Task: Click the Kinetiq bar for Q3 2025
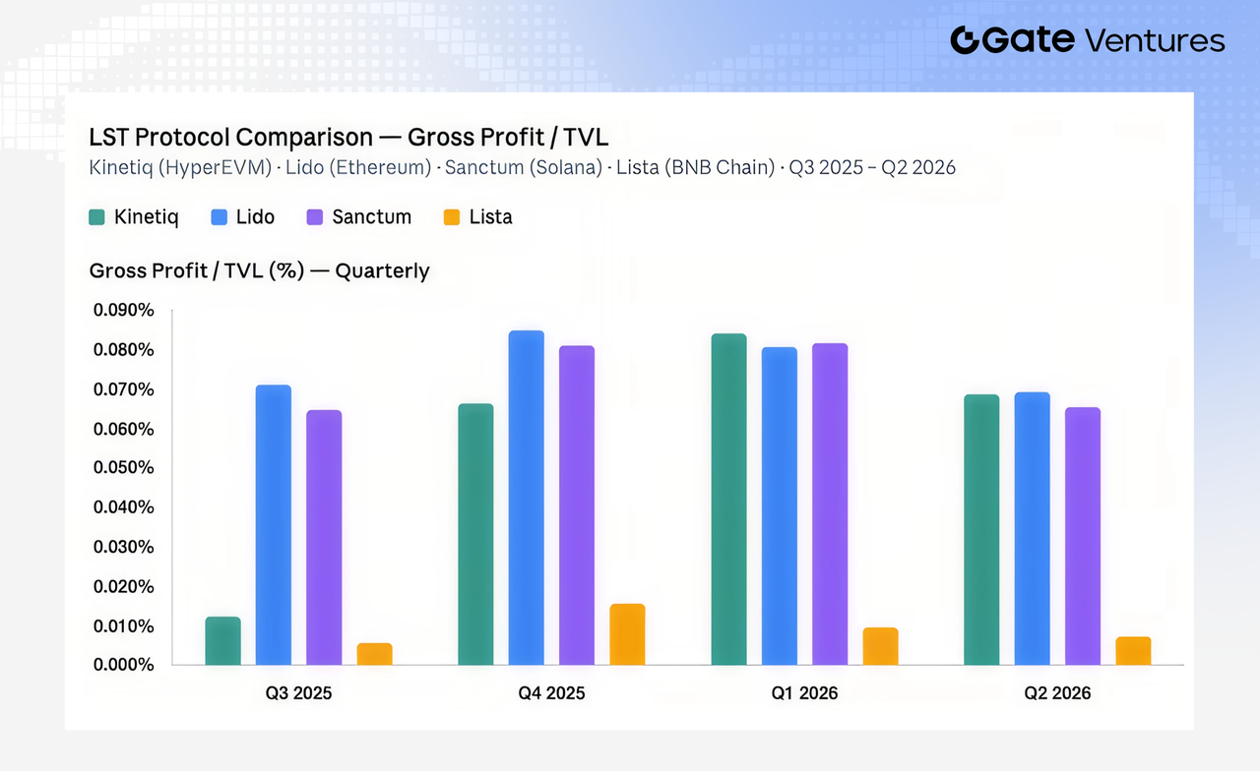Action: pyautogui.click(x=222, y=640)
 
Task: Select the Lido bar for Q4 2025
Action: pyautogui.click(x=527, y=498)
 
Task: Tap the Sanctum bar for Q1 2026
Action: pyautogui.click(x=830, y=504)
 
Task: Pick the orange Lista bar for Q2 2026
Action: pyautogui.click(x=1133, y=651)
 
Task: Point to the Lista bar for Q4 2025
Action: pyautogui.click(x=627, y=634)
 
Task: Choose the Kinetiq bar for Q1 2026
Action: pyautogui.click(x=729, y=500)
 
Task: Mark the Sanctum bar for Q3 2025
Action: pyautogui.click(x=324, y=538)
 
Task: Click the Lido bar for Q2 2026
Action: pyautogui.click(x=1033, y=529)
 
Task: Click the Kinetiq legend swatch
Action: pyautogui.click(x=96, y=217)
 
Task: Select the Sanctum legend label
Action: pyautogui.click(x=372, y=217)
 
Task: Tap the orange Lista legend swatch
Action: pyautogui.click(x=452, y=217)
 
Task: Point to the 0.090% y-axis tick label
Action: pyautogui.click(x=124, y=310)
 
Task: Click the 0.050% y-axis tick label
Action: pyautogui.click(x=124, y=467)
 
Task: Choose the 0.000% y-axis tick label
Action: pyautogui.click(x=124, y=665)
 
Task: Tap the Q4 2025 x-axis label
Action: pyautogui.click(x=551, y=693)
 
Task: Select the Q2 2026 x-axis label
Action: pyautogui.click(x=1057, y=693)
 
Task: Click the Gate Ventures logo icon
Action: pyautogui.click(x=966, y=40)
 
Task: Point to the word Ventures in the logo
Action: pyautogui.click(x=1155, y=40)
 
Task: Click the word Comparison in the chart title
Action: pyautogui.click(x=304, y=137)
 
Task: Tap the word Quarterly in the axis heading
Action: pyautogui.click(x=383, y=270)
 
